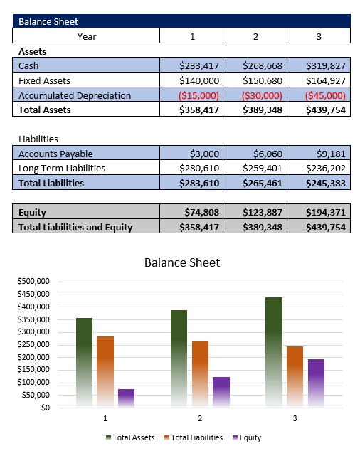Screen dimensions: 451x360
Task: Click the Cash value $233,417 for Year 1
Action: click(200, 66)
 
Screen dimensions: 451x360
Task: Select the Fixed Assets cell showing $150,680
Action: click(263, 80)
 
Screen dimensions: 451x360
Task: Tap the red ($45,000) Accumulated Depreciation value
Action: click(325, 95)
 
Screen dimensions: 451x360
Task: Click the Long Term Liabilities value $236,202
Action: click(325, 168)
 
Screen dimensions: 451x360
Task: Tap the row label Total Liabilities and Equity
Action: click(75, 227)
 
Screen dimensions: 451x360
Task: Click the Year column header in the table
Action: click(87, 36)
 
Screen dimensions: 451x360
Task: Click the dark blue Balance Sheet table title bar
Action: click(181, 21)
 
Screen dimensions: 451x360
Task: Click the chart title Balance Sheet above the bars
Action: click(182, 262)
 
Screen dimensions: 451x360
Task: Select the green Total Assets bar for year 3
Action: click(273, 352)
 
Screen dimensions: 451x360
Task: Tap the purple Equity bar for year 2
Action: click(221, 392)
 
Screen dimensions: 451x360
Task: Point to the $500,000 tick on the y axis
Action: click(33, 281)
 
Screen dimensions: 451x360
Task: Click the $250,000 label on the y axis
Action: click(33, 344)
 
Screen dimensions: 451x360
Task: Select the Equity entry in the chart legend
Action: click(246, 437)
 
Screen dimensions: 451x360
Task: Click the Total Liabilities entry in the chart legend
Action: click(193, 437)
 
